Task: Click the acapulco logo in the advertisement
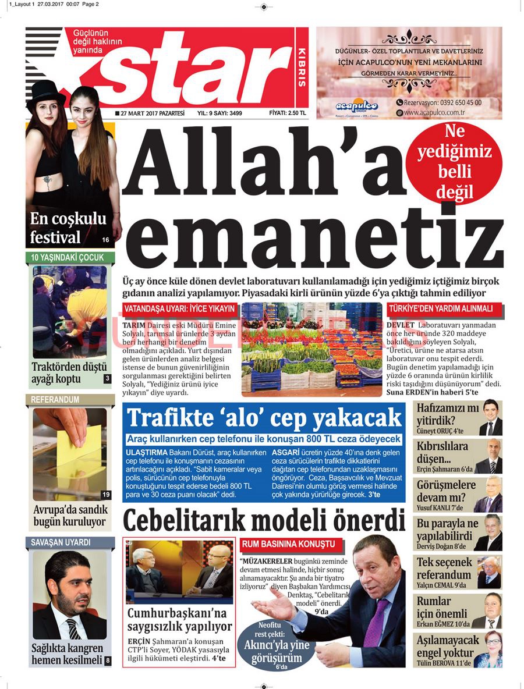(x=356, y=106)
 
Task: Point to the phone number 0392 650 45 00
(x=442, y=102)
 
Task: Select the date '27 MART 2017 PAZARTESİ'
(x=150, y=113)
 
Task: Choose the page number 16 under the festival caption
(x=105, y=240)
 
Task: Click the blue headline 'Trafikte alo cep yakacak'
(x=264, y=418)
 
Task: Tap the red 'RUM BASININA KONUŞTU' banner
(x=288, y=544)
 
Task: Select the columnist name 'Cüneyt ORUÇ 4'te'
(x=440, y=431)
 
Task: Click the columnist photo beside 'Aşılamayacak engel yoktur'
(x=488, y=649)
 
